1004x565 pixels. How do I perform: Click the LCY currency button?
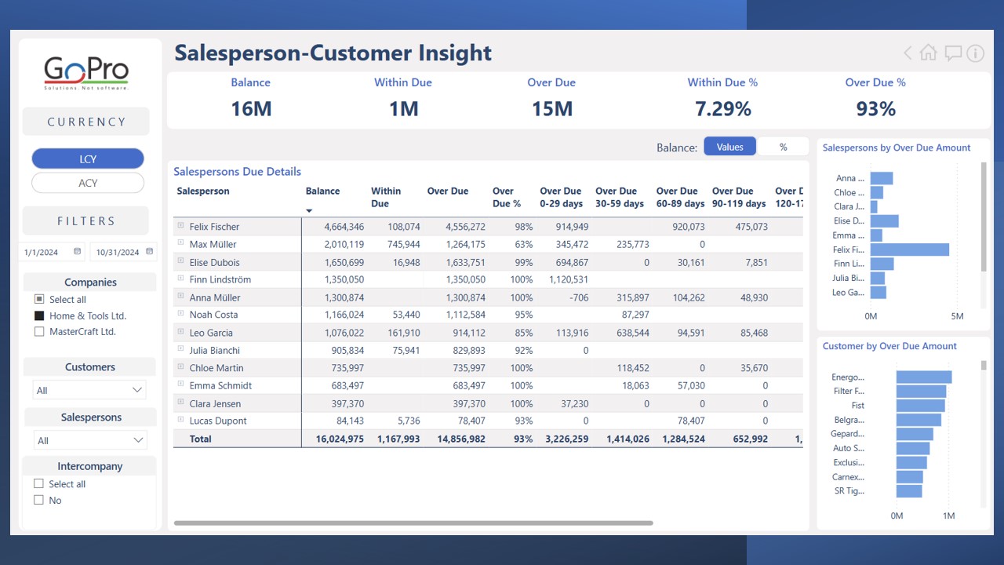[88, 159]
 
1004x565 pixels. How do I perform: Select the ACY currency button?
[88, 183]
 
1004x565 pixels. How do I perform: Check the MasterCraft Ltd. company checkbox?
[39, 332]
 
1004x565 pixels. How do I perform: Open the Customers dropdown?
[89, 390]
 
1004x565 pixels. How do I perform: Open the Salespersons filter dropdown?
[90, 440]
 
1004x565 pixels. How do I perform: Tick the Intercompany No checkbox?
[38, 500]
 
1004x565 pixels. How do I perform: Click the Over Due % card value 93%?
[875, 109]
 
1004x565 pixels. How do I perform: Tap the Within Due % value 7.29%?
[722, 109]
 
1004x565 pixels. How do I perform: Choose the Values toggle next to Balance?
[729, 147]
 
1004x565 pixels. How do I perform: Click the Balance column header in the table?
[322, 191]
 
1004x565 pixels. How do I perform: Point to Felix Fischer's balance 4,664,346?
[335, 227]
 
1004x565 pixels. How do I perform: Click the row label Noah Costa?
[213, 315]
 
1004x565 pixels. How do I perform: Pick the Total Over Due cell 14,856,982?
[456, 439]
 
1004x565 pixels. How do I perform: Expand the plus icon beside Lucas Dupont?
[180, 421]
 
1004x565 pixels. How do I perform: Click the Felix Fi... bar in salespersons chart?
[909, 250]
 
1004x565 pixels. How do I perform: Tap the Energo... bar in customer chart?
[923, 377]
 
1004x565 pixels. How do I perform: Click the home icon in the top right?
[929, 53]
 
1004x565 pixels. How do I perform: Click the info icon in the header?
[975, 53]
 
